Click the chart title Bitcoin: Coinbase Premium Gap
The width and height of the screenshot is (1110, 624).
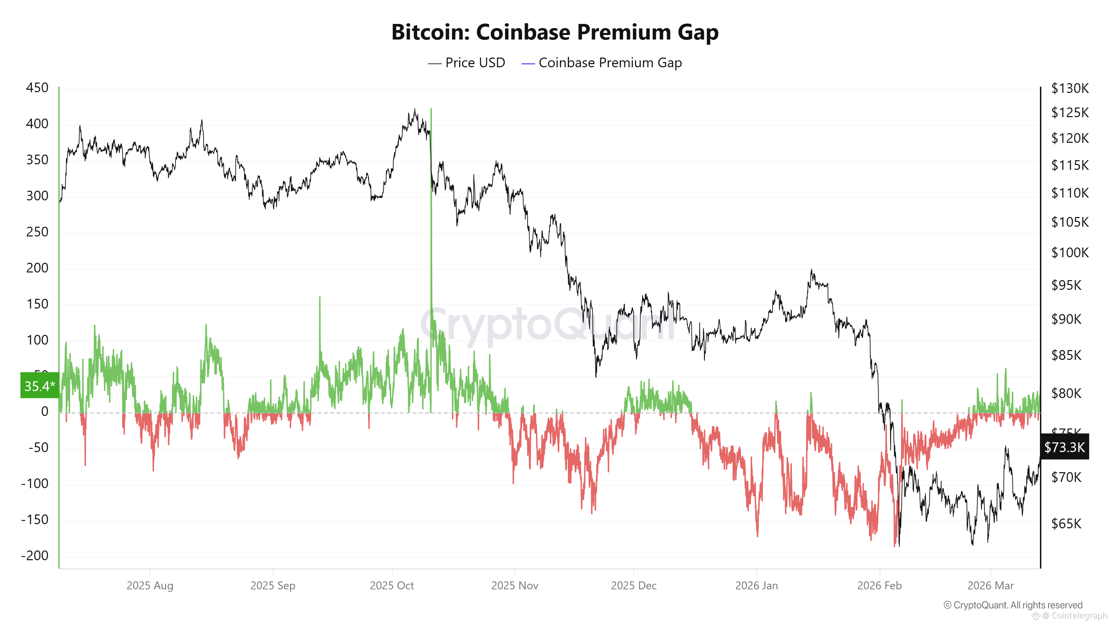click(555, 32)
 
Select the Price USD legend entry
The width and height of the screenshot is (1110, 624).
click(466, 63)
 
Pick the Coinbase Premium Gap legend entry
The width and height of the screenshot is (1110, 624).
click(601, 63)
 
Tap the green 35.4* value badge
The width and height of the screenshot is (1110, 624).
click(40, 385)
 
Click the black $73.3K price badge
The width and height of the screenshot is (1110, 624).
click(1064, 447)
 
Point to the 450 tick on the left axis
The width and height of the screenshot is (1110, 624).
click(37, 88)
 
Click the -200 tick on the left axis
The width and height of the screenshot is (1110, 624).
click(35, 555)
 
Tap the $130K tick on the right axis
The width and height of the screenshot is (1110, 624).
click(1069, 88)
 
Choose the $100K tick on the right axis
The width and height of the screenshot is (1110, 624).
click(1069, 252)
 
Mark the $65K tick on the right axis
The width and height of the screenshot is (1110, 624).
click(1066, 524)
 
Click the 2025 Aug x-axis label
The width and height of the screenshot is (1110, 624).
click(150, 586)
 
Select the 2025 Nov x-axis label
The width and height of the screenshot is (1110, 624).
click(514, 586)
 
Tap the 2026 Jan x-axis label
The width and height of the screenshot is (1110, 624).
click(756, 586)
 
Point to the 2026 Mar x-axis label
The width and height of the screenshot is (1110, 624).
click(990, 586)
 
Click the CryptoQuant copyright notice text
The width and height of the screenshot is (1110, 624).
click(1013, 605)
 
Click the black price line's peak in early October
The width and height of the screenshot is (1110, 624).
click(415, 110)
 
